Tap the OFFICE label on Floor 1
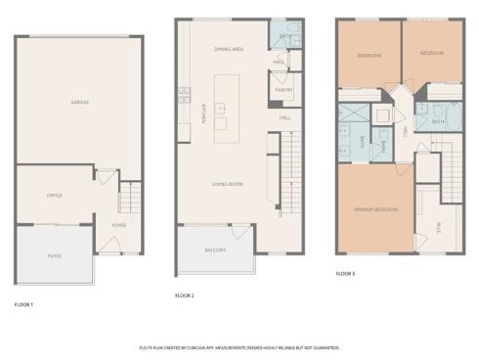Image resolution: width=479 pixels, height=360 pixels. coord(55,196)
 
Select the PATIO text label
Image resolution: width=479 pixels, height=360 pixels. coord(55,255)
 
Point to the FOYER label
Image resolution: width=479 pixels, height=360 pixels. coord(118,226)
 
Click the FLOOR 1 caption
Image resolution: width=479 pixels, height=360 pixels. coord(23,304)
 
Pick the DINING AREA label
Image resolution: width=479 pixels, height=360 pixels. coord(228,48)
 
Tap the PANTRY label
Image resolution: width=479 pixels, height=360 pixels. coord(284,90)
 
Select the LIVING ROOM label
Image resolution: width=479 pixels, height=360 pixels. coord(228,183)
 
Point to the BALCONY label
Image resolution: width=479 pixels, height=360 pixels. coord(215,250)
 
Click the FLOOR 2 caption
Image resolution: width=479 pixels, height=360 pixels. coord(185,294)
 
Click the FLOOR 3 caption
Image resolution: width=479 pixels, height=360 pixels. coord(345,274)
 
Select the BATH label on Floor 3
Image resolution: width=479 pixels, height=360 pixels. coord(438,121)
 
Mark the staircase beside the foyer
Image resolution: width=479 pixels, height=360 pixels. coord(124,200)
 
